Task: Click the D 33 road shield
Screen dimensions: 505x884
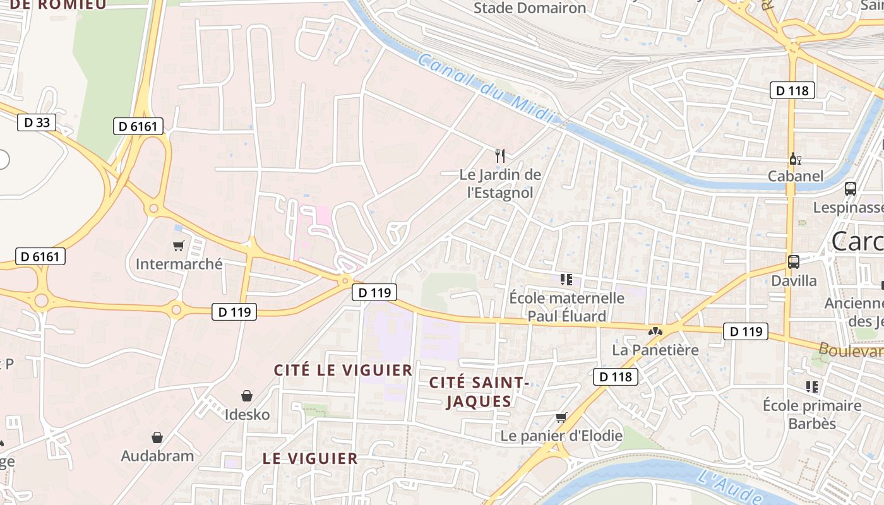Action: coord(36,122)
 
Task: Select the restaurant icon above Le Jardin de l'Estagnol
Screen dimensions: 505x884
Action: coord(500,155)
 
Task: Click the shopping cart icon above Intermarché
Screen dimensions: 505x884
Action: coord(179,246)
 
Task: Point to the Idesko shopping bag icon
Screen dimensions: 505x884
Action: coord(247,396)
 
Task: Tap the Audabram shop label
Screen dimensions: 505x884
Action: coord(157,456)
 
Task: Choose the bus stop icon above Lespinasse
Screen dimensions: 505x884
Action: coord(851,188)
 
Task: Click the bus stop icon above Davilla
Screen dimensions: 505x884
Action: coord(794,261)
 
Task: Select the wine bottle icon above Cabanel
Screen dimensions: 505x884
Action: coord(795,158)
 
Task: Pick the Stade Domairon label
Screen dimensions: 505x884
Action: coord(530,8)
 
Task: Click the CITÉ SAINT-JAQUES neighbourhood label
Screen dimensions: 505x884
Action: coord(478,391)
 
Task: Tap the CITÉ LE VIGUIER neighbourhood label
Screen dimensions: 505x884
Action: coord(343,370)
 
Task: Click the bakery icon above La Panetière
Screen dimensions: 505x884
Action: coord(655,331)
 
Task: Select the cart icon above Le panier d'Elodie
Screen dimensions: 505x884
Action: coord(561,417)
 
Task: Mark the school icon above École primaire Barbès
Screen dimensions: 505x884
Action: coord(811,386)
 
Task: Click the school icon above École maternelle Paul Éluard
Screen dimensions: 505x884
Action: coord(566,279)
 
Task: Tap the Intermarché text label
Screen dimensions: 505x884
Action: coord(179,264)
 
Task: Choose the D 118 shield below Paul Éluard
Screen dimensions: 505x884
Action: coord(615,377)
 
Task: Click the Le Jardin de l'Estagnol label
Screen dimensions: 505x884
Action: coord(500,183)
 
